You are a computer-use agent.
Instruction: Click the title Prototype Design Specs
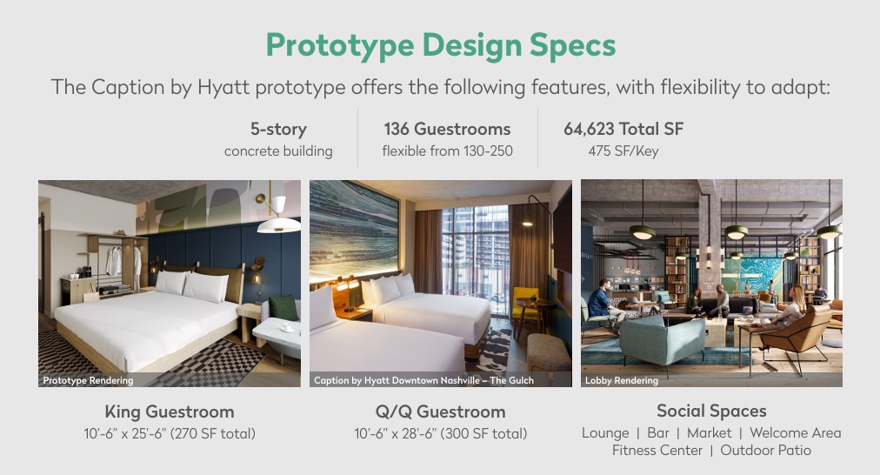(x=441, y=45)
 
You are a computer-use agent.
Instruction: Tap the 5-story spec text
(x=278, y=129)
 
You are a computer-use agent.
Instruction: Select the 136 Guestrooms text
(x=447, y=129)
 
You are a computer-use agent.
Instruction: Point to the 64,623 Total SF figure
(x=623, y=129)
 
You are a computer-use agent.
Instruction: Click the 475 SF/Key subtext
(x=623, y=151)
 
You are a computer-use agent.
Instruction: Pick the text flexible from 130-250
(x=447, y=151)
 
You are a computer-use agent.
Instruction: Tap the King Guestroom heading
(x=170, y=411)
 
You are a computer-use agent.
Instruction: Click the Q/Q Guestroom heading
(x=441, y=411)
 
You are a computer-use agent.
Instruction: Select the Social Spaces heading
(x=711, y=411)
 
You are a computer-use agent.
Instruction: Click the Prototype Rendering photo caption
(x=88, y=380)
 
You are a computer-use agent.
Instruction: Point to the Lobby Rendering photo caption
(x=621, y=380)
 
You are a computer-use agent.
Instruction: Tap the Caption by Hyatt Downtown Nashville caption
(x=423, y=380)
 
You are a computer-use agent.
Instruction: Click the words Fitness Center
(x=657, y=451)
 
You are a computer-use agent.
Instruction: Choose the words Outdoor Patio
(x=765, y=451)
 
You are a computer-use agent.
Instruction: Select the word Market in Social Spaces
(x=710, y=433)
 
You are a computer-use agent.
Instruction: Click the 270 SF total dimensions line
(x=170, y=433)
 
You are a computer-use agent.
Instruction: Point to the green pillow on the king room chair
(x=283, y=308)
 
